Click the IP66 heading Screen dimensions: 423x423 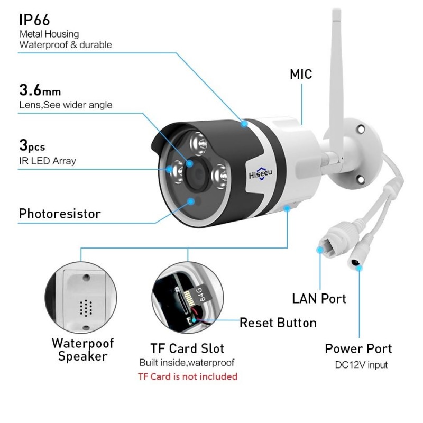(x=34, y=20)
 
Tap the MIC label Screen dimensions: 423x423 (x=301, y=74)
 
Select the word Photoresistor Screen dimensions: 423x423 (x=60, y=214)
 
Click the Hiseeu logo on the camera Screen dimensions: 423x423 (x=260, y=174)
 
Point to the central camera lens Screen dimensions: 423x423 (x=197, y=173)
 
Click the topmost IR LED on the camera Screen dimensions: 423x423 (x=198, y=143)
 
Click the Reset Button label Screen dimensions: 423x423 (x=278, y=323)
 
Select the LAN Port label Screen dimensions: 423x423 (x=319, y=299)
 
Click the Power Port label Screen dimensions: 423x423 (x=358, y=348)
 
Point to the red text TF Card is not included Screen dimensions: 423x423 (x=188, y=376)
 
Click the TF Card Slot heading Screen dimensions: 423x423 (x=187, y=348)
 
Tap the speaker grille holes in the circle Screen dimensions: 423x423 (x=86, y=308)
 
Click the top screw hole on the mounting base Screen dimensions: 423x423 (x=361, y=130)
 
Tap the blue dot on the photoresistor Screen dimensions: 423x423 (x=191, y=201)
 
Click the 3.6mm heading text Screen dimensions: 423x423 (x=40, y=90)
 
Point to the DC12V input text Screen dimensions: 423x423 (x=361, y=365)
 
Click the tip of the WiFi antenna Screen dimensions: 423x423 (x=336, y=10)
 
